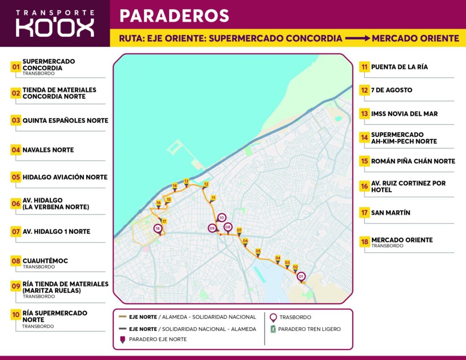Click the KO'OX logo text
pos(55,28)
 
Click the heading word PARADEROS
pos(174,15)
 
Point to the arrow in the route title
pos(357,38)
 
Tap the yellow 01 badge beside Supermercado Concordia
pos(16,67)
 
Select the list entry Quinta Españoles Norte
pos(65,121)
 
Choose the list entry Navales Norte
pos(48,150)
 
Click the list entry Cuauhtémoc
pos(45,261)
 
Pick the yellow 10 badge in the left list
pos(16,314)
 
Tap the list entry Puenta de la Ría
pos(399,67)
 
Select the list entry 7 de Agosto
pos(391,90)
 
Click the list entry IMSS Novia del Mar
pos(404,114)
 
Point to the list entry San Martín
pos(390,213)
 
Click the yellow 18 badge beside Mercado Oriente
pos(365,242)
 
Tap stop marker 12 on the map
pos(206,185)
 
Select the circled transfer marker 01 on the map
pos(301,276)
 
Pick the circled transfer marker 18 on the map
pos(158,228)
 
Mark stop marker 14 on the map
pos(175,186)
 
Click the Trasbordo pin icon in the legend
pos(273,317)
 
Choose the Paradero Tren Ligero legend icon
pos(273,329)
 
